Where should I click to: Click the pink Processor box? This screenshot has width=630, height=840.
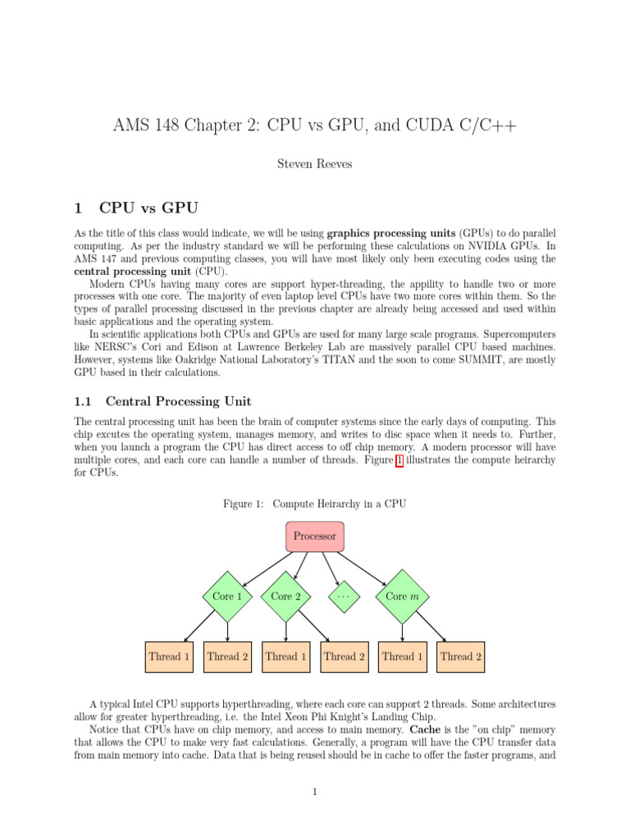[315, 536]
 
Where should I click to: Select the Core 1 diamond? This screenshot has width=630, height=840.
[227, 596]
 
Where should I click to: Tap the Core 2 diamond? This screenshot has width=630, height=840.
[285, 596]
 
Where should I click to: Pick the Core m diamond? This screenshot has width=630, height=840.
[403, 596]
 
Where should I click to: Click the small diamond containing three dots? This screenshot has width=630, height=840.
[345, 596]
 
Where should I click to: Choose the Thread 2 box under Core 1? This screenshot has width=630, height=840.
[227, 656]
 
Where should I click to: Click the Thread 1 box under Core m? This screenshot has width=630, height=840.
[403, 656]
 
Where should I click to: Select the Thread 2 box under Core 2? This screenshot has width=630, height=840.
[345, 656]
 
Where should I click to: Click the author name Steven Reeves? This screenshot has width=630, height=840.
[315, 165]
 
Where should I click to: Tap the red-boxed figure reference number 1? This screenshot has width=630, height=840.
[399, 460]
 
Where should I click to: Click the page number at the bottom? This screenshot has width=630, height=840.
[315, 792]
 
